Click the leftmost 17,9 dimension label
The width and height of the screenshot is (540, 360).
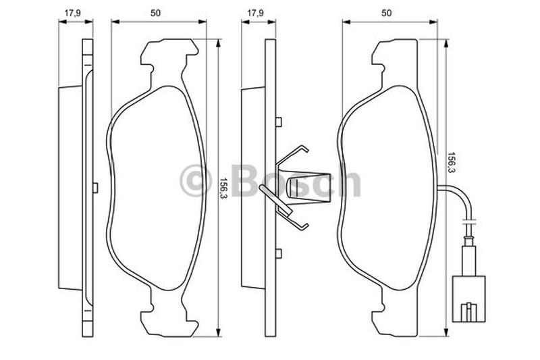tap(73, 13)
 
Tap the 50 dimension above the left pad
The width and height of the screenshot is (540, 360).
tap(155, 13)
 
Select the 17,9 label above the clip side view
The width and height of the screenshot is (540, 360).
tap(256, 13)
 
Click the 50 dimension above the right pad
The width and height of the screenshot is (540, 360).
tap(387, 13)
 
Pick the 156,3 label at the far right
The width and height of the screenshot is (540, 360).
tap(452, 163)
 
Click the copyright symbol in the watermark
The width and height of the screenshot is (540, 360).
tap(195, 180)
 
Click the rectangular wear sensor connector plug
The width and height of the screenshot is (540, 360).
tap(468, 299)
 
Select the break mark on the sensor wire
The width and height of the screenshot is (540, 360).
tap(469, 220)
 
